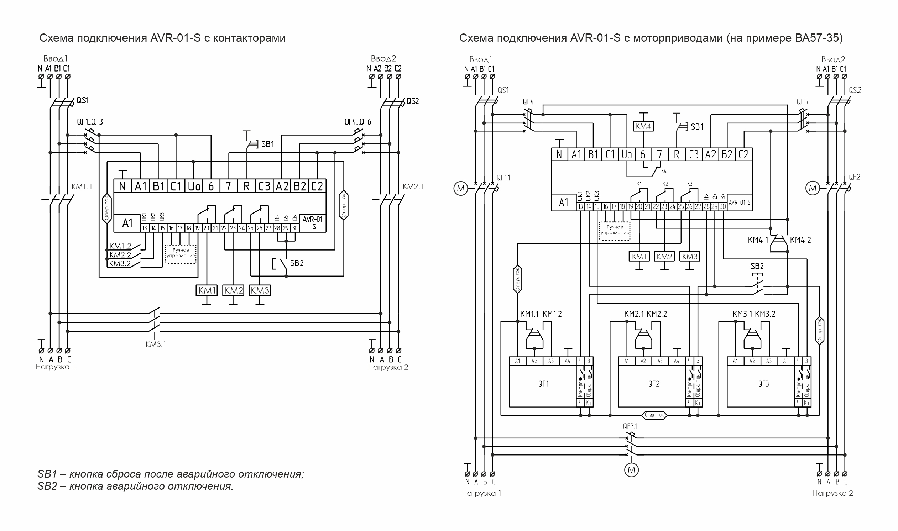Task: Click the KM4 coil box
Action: point(643,126)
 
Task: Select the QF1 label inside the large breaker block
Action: point(543,384)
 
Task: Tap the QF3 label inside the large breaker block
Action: point(763,384)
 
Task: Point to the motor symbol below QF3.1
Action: point(631,470)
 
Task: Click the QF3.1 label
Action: point(630,426)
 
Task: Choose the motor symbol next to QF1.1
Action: point(461,188)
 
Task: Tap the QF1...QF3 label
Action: point(90,122)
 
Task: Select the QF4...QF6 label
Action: point(357,122)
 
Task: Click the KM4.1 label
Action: point(758,240)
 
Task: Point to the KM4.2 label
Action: point(800,240)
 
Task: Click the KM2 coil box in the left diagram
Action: point(233,290)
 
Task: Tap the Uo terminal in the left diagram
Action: point(194,186)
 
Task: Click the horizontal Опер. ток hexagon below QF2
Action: point(654,415)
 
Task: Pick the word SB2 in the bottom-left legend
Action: point(47,487)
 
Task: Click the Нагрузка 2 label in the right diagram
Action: point(832,493)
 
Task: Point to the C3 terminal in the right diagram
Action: point(694,154)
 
